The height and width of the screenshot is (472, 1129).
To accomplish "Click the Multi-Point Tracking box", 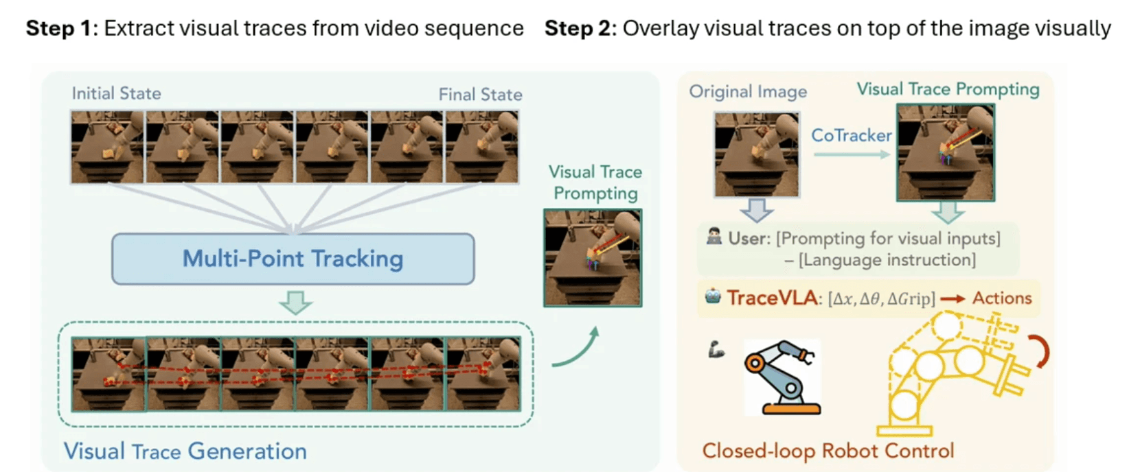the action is click(x=293, y=259).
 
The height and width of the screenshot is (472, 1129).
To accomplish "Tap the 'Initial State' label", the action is click(x=116, y=93).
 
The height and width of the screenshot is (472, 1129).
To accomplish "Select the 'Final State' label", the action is click(x=480, y=95).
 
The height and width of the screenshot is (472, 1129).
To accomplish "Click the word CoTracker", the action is click(x=851, y=135).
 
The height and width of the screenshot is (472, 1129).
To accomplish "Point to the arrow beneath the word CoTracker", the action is click(x=852, y=154).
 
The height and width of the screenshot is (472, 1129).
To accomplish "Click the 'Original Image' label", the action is click(x=748, y=92).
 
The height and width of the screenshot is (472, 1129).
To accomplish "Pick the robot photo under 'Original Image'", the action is click(x=756, y=155).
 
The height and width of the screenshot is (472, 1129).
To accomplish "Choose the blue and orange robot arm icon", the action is click(x=782, y=377).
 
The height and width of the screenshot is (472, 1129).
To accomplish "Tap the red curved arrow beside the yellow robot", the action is click(x=1041, y=351).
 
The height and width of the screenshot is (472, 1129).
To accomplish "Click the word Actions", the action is click(x=1002, y=298).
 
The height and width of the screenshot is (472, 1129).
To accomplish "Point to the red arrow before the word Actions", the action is click(x=953, y=299).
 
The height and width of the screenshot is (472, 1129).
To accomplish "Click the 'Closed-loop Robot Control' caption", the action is click(x=828, y=451).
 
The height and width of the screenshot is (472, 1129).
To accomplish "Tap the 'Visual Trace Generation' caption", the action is click(x=185, y=451).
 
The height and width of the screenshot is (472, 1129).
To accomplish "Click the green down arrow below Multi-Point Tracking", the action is click(x=296, y=303).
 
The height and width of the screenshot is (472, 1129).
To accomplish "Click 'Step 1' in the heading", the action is click(x=58, y=28).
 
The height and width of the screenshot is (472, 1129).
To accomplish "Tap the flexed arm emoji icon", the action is click(x=716, y=351).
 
